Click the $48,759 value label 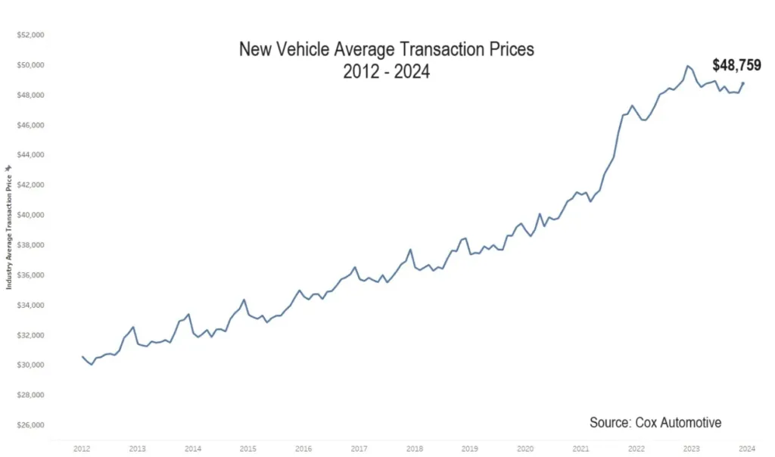(x=736, y=65)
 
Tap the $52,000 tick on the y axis (x=31, y=35)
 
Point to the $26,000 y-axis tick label (x=31, y=425)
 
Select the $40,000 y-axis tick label (x=31, y=215)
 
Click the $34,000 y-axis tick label (x=31, y=305)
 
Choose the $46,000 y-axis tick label (x=31, y=125)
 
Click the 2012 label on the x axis (x=82, y=449)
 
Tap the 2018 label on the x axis (x=414, y=449)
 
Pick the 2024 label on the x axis (x=745, y=449)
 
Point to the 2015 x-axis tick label (x=247, y=449)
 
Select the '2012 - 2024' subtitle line (x=387, y=73)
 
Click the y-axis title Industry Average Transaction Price (x=9, y=227)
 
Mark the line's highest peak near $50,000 (x=687, y=67)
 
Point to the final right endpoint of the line (x=743, y=82)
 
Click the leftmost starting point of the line (x=82, y=356)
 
